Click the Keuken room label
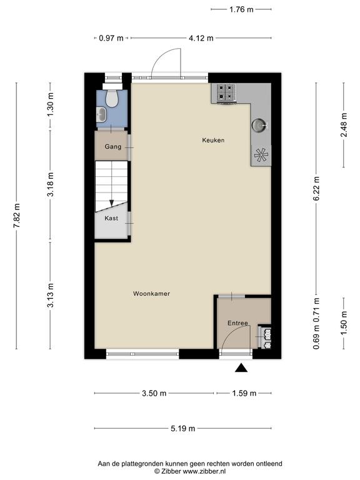click(213, 140)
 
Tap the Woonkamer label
click(151, 294)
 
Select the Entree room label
click(237, 323)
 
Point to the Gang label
click(113, 147)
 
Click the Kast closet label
click(111, 218)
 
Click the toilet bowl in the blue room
click(112, 97)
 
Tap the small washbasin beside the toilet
click(101, 114)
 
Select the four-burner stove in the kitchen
click(226, 92)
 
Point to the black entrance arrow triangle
click(241, 367)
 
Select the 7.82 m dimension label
click(17, 216)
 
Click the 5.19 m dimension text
click(182, 428)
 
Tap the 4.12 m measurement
click(201, 38)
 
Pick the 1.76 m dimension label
click(241, 9)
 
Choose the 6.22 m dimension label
click(316, 189)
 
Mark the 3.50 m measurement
click(154, 393)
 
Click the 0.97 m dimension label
click(111, 38)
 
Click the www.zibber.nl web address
click(204, 471)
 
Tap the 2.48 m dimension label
click(344, 125)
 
